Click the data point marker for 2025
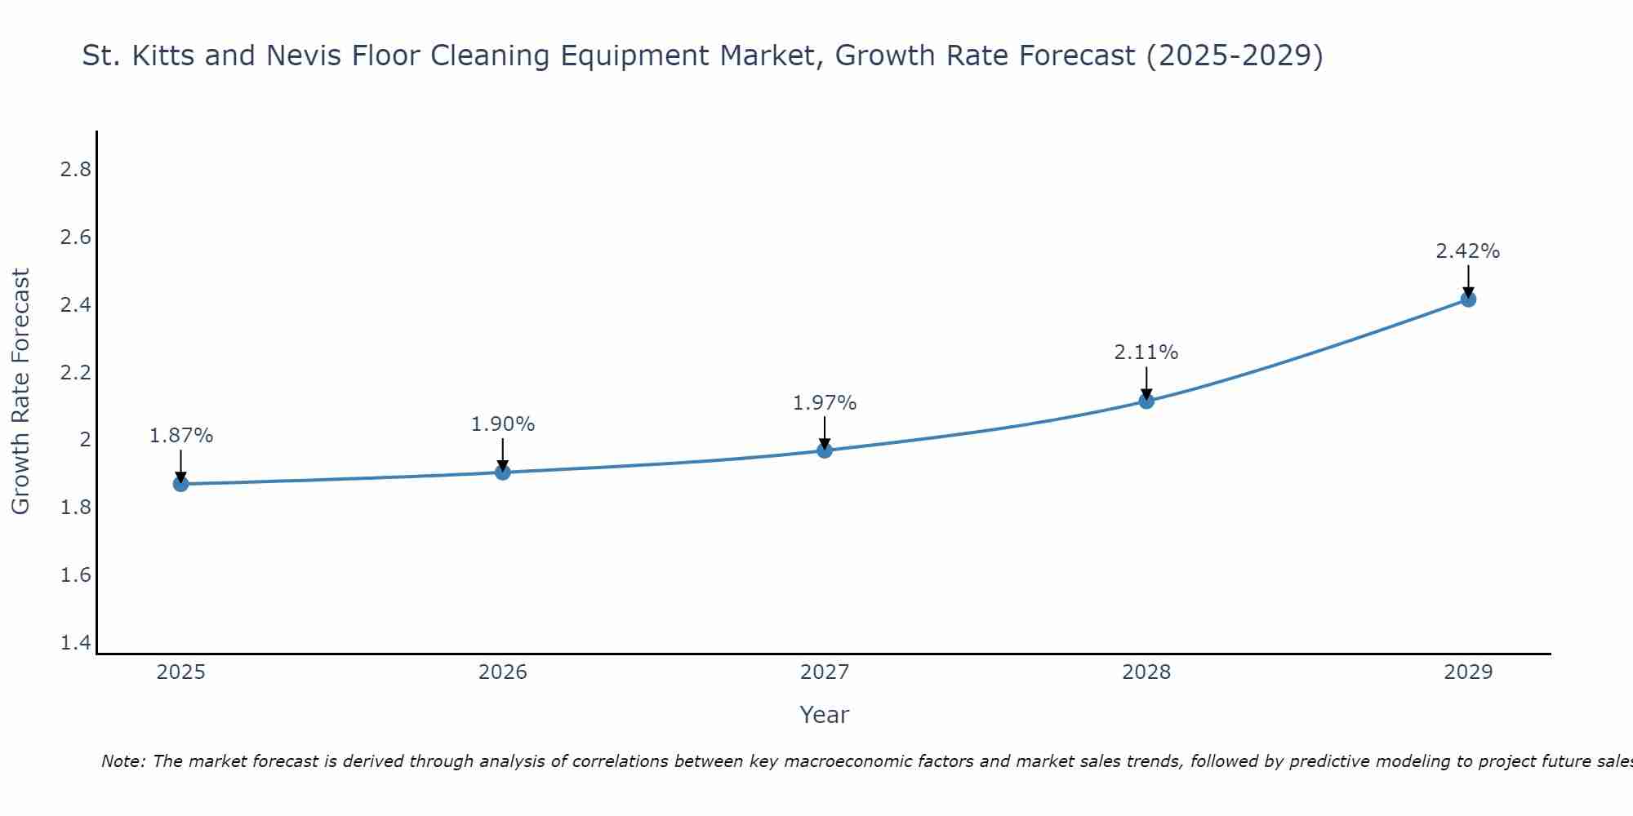pos(180,484)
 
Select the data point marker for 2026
pos(502,472)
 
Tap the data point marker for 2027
pos(825,450)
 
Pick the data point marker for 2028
pos(1146,401)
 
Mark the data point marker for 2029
pos(1468,299)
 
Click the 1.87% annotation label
pos(180,436)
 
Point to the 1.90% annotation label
pos(502,424)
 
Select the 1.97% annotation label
pos(825,403)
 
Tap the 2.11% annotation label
pos(1146,353)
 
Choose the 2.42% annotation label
pos(1468,251)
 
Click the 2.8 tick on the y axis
pos(75,170)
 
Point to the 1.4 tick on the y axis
pos(75,643)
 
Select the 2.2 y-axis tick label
pos(75,373)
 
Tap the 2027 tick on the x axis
pos(825,672)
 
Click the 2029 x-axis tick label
pos(1468,672)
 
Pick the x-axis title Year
pos(825,715)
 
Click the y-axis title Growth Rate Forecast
pos(20,392)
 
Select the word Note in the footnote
pos(122,761)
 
